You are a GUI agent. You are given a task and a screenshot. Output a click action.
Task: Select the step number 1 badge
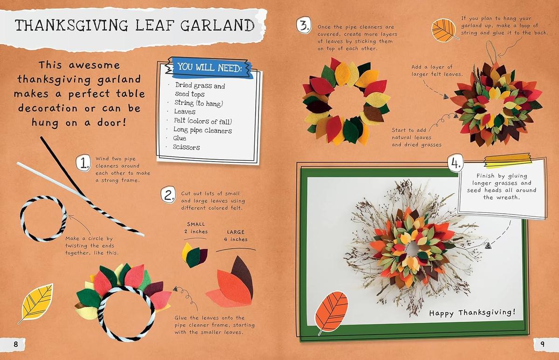coord(83,163)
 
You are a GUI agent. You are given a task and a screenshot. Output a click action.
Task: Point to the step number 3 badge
coord(303,25)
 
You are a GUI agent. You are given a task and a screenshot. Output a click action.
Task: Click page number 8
coord(15,345)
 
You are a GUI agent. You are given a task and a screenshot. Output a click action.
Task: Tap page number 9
coord(542,345)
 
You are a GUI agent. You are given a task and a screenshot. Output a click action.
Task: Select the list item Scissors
coord(186,147)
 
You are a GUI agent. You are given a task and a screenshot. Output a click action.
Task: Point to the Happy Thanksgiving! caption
coord(472,312)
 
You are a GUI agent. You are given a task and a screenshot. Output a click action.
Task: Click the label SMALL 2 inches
coord(196,228)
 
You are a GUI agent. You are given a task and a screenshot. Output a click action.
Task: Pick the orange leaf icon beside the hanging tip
coord(443,30)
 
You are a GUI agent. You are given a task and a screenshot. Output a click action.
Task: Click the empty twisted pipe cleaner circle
coord(43,218)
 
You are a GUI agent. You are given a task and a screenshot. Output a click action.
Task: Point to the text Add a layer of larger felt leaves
coord(436,71)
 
